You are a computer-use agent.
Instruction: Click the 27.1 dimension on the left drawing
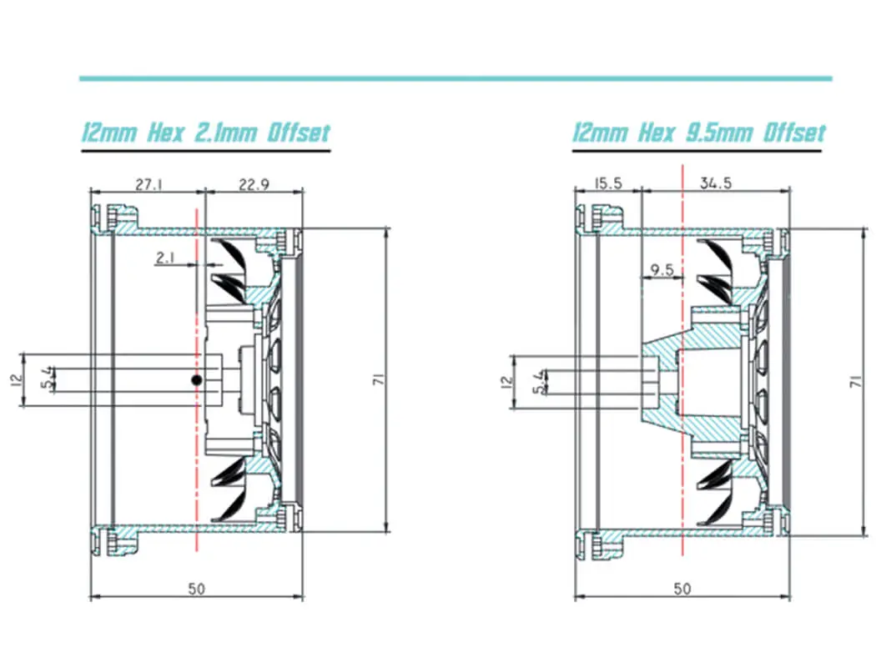click(147, 186)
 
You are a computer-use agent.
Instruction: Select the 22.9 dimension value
click(253, 186)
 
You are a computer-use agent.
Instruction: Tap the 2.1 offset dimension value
click(165, 258)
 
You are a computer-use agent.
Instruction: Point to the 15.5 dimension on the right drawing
click(608, 184)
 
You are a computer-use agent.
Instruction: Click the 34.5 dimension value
click(715, 184)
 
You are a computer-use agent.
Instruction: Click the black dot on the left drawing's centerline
click(196, 380)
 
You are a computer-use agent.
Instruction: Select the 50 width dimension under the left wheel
click(196, 589)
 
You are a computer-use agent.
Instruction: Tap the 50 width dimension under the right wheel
click(682, 589)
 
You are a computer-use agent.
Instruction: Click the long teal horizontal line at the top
click(456, 78)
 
